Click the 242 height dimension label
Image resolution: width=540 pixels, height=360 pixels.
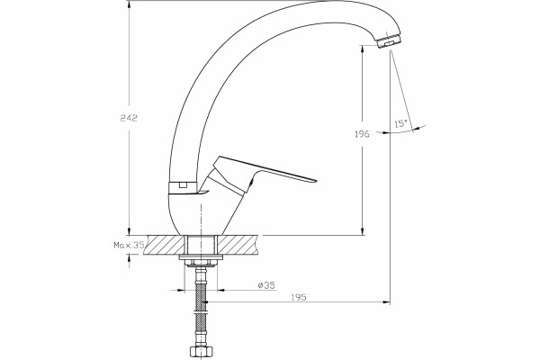(129, 118)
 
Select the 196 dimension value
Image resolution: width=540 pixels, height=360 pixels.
(362, 134)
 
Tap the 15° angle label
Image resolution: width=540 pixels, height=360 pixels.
(400, 123)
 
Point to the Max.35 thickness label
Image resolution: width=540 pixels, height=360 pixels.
(129, 245)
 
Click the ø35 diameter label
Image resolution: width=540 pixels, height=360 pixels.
(266, 285)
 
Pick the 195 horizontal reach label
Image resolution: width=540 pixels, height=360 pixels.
(298, 297)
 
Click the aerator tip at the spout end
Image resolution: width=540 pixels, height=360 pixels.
(389, 40)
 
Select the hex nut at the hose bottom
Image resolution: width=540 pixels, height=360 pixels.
(200, 353)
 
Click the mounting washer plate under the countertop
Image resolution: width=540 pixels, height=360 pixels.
(201, 257)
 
